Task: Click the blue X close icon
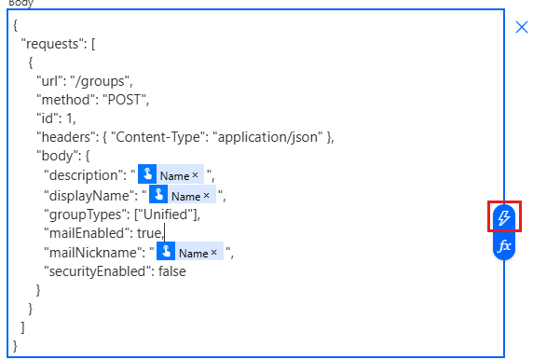point(522,28)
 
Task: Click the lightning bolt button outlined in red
point(504,217)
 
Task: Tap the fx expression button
point(504,246)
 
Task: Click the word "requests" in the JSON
point(54,44)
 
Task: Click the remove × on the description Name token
point(195,175)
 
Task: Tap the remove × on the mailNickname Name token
point(214,252)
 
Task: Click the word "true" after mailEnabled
point(147,232)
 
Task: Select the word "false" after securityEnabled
point(168,271)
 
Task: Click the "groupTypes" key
point(82,214)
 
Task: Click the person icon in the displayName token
point(159,195)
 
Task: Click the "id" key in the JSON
point(45,118)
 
